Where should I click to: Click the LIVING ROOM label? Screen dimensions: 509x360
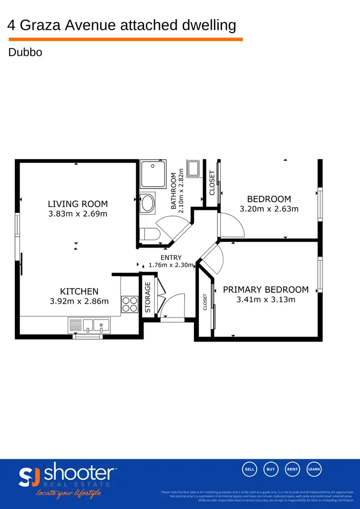(77, 204)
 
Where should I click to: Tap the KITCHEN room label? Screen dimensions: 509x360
(79, 291)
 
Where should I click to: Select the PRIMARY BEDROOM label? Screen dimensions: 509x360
(265, 290)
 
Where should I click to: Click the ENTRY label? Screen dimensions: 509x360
(171, 258)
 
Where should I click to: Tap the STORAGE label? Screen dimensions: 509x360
(148, 297)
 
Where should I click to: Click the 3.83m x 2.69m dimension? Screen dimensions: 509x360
(78, 214)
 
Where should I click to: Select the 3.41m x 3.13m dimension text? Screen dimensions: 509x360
(265, 300)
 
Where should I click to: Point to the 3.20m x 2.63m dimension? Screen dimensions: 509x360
(269, 209)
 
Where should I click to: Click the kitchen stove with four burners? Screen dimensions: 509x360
(129, 304)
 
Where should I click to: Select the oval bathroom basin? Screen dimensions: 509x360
(148, 203)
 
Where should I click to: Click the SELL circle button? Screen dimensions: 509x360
(250, 469)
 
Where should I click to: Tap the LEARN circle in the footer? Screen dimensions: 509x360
(314, 469)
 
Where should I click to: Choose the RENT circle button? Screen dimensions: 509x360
(292, 469)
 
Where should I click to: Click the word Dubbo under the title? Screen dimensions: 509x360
(25, 52)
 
